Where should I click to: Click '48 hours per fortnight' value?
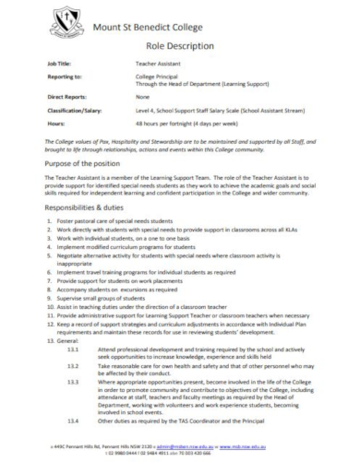[x=167, y=138]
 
